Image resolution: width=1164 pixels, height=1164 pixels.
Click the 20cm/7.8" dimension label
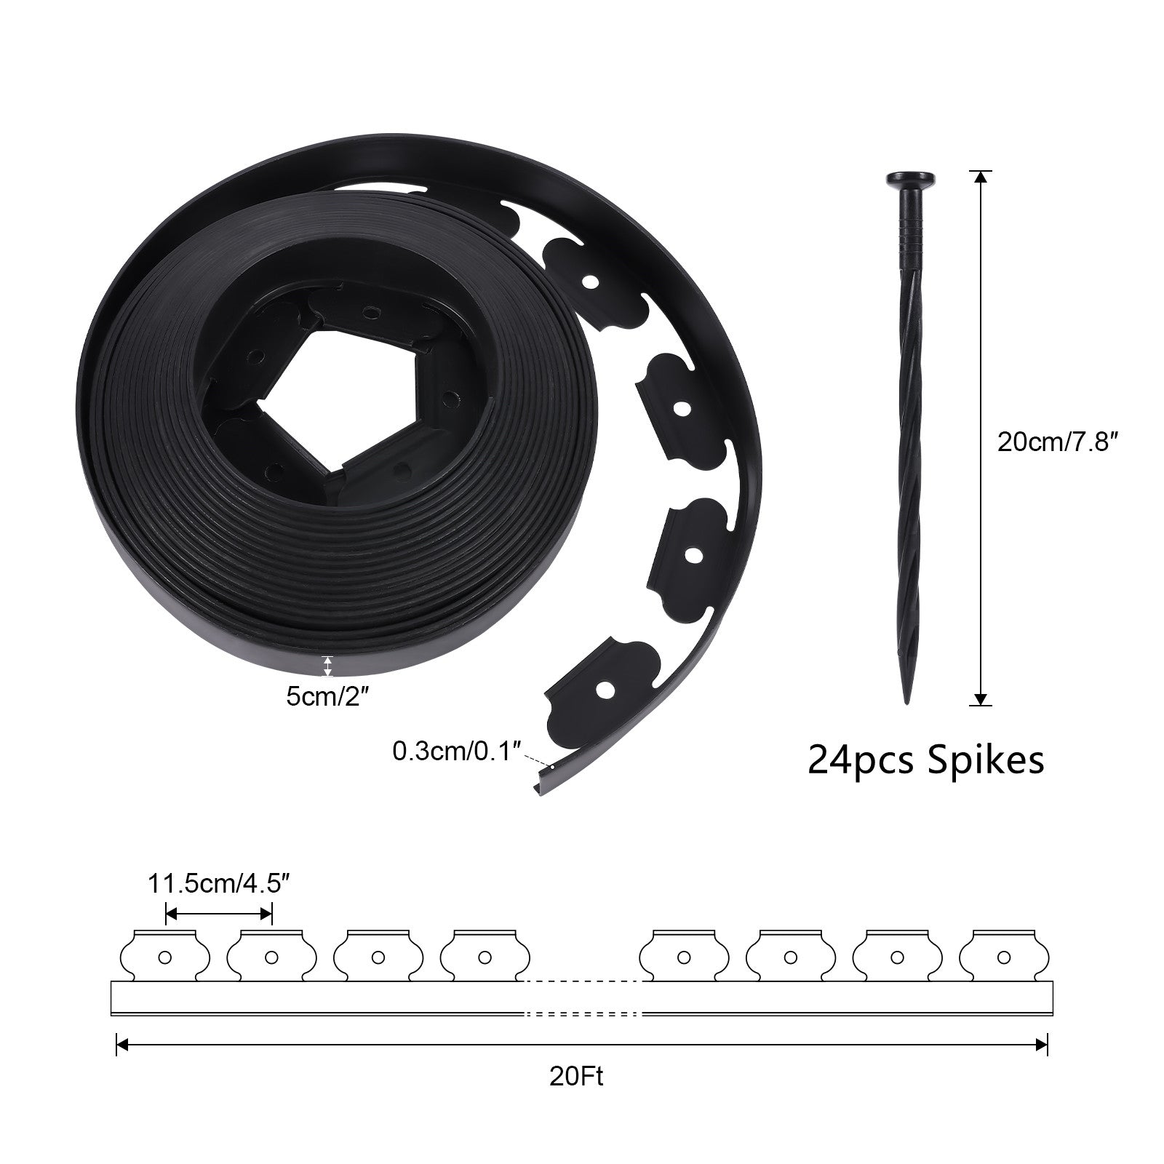[1057, 442]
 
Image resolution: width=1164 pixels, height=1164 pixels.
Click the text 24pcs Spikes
[926, 760]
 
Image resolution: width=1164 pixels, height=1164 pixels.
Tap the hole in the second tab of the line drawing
[271, 957]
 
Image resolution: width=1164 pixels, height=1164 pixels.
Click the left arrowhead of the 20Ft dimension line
[122, 1045]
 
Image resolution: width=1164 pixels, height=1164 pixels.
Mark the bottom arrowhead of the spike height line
[981, 700]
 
